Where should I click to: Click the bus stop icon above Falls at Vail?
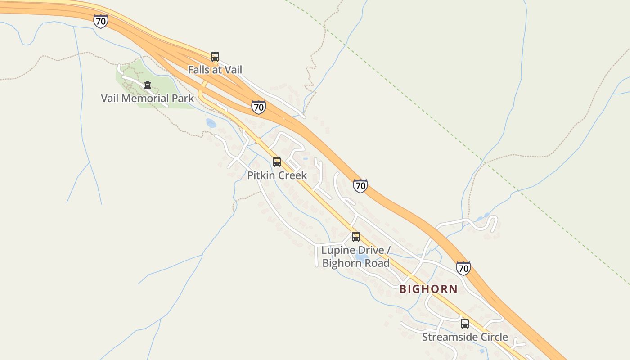pos(215,57)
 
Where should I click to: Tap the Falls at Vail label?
pos(215,70)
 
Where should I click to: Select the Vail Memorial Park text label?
pos(147,98)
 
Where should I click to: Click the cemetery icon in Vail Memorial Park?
pos(147,85)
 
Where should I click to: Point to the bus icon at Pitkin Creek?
pos(277,162)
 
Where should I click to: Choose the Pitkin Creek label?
pos(277,175)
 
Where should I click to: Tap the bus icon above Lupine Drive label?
pos(356,237)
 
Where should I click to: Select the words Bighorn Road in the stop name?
pos(356,263)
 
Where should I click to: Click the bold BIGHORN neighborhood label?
pos(428,289)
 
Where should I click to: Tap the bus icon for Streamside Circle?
pos(465,324)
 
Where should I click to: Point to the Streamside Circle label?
pos(465,337)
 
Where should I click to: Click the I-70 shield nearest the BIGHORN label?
pos(463,268)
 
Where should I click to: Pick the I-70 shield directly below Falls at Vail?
pos(258,107)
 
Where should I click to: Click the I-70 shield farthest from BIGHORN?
pos(101,21)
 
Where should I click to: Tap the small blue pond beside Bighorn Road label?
pos(360,257)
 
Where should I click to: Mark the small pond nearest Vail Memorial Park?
pos(211,123)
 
